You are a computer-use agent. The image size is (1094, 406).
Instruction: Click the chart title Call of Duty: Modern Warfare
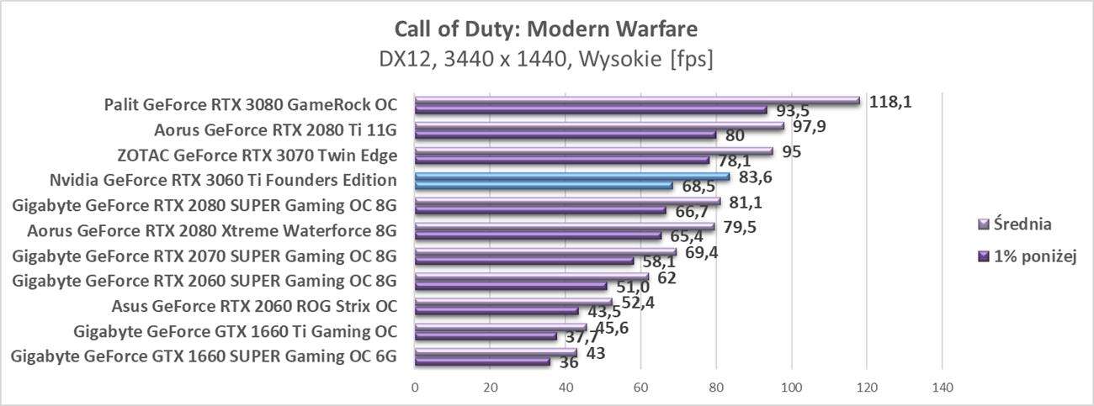click(x=546, y=30)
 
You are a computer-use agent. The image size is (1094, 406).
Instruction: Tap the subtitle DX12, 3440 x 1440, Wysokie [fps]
click(x=546, y=61)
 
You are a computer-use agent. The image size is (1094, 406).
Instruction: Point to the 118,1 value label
click(x=890, y=102)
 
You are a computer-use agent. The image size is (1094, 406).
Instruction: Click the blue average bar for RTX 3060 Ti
click(x=572, y=176)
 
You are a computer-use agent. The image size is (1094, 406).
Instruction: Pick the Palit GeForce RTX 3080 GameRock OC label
click(x=250, y=105)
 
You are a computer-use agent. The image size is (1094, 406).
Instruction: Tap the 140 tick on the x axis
click(x=942, y=388)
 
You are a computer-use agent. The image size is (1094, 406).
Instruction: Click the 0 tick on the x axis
click(x=415, y=388)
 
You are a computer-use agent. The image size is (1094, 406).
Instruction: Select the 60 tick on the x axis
click(x=640, y=388)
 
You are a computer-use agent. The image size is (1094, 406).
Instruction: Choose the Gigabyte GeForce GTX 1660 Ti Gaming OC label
click(x=235, y=330)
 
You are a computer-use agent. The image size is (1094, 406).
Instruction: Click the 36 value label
click(x=569, y=364)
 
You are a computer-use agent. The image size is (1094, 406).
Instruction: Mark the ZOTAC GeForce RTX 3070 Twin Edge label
click(x=257, y=156)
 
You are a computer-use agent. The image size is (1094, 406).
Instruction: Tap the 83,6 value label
click(x=756, y=177)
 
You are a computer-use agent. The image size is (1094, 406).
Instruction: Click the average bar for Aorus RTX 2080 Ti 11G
click(x=598, y=126)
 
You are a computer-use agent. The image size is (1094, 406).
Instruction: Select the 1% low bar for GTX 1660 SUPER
click(x=482, y=362)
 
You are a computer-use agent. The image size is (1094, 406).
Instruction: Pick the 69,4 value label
click(x=701, y=251)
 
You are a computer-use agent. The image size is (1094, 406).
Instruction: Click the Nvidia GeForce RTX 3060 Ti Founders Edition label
click(x=223, y=180)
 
